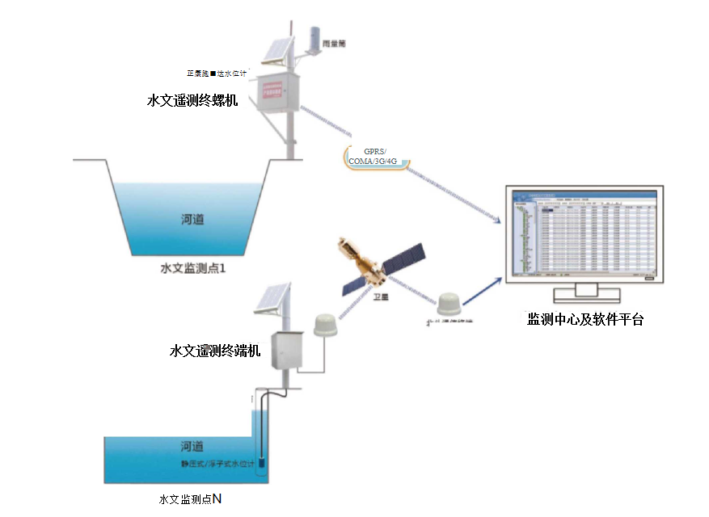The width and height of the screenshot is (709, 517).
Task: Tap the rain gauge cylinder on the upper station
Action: pyautogui.click(x=314, y=36)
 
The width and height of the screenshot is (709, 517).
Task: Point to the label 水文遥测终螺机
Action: pyautogui.click(x=192, y=101)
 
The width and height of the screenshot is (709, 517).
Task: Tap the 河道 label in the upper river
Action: pyautogui.click(x=192, y=218)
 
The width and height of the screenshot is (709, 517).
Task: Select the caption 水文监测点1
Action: pyautogui.click(x=192, y=267)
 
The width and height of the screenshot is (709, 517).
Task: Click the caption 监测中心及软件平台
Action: pyautogui.click(x=586, y=319)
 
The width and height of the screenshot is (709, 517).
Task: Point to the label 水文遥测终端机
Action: pyautogui.click(x=215, y=351)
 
